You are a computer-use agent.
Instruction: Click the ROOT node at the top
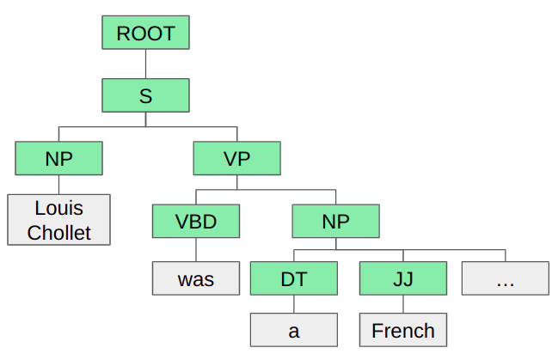pos(145,34)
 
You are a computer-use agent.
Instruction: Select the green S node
pos(145,95)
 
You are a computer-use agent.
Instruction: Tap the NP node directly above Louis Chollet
pos(58,158)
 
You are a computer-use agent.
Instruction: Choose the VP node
pos(236,158)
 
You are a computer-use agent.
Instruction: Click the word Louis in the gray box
pos(58,208)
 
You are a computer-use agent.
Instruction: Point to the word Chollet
pos(58,232)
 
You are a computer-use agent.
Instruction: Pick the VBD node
pos(195,221)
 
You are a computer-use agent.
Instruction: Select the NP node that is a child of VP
pos(336,221)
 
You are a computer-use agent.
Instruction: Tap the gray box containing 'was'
pos(195,278)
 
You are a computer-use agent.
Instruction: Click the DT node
pos(293,278)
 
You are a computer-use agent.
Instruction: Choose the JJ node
pos(402,278)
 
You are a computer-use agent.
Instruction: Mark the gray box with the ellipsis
pos(505,278)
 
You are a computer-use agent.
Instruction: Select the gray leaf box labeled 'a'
pos(293,331)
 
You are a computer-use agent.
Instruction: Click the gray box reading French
pos(402,331)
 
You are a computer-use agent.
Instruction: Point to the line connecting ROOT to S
pos(145,64)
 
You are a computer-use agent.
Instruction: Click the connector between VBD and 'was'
pos(195,250)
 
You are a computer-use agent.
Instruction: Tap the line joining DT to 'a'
pos(293,304)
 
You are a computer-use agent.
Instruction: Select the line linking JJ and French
pos(402,304)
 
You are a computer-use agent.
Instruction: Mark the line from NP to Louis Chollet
pos(58,185)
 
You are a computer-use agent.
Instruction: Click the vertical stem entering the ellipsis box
pos(505,255)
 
